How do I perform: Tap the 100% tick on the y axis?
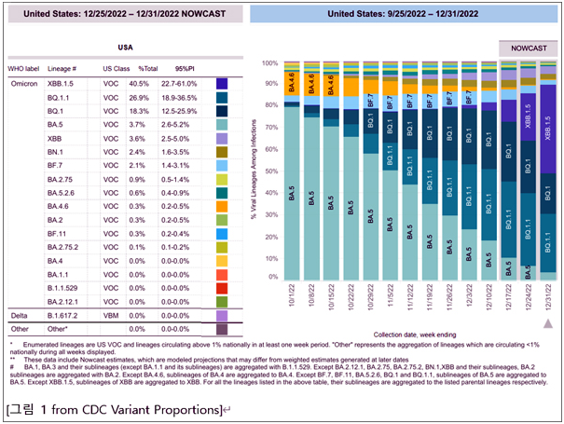[x=270, y=63]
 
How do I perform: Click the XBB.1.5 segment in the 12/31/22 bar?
[x=549, y=122]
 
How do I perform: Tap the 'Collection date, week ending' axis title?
[x=416, y=335]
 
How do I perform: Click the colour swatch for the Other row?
[x=222, y=329]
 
